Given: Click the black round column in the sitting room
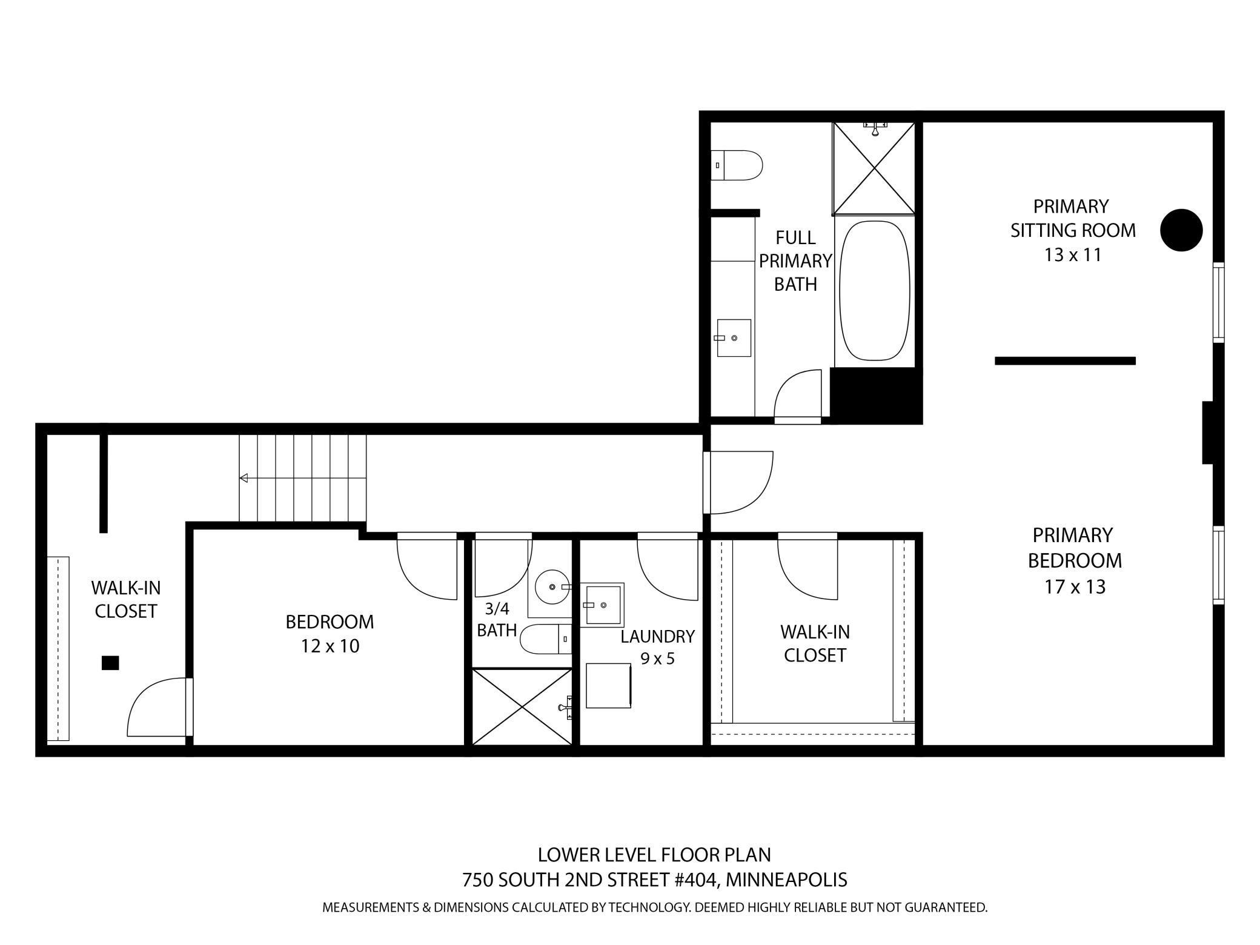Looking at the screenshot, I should tap(1181, 230).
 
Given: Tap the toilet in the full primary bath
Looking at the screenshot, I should tap(737, 165).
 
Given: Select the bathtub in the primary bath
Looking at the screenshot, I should tap(875, 291).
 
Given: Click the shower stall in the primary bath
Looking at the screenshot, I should tap(874, 168).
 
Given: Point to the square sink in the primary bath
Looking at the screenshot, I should tap(734, 338).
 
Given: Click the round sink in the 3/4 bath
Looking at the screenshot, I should tap(552, 586).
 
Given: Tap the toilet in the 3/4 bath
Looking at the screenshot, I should tap(545, 639).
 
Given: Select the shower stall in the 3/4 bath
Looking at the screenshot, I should tap(522, 706).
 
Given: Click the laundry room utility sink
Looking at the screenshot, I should tap(603, 605).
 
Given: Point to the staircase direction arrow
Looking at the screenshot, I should tap(244, 479).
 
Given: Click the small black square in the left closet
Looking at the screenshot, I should tap(110, 663).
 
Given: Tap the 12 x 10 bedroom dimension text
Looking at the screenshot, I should tap(330, 646).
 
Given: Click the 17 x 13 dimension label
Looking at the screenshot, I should tap(1075, 587).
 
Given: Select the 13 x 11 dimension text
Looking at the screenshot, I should tap(1072, 255).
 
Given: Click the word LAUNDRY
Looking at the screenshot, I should tap(657, 637).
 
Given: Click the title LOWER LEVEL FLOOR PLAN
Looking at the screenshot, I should tap(654, 855).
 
